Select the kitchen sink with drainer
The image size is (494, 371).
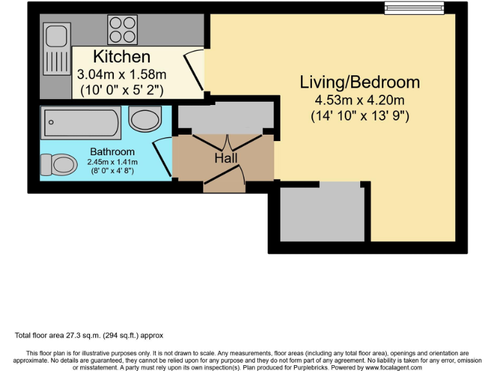(x=55, y=50)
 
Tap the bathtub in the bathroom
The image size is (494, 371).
(x=80, y=123)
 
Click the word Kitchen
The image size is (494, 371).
(x=122, y=57)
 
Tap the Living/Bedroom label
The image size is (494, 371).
(x=360, y=82)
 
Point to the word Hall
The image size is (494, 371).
(x=226, y=158)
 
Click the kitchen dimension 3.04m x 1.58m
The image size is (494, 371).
(x=122, y=74)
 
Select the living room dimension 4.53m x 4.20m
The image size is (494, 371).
(x=360, y=100)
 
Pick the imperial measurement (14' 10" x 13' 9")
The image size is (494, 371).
(x=360, y=117)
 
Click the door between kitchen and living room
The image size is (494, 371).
(x=194, y=72)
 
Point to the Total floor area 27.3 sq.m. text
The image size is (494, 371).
(x=89, y=336)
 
